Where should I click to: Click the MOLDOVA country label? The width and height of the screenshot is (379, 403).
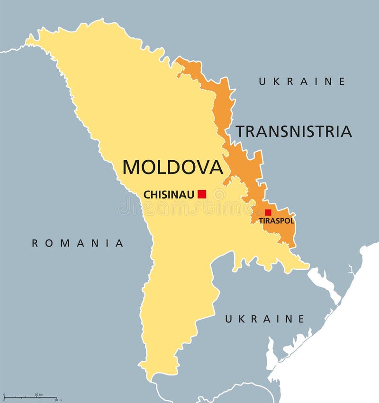(172, 167)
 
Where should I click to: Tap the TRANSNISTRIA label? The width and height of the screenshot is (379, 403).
(294, 131)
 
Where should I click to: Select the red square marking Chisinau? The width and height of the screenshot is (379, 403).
(202, 193)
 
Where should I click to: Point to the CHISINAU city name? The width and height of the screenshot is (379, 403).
(168, 194)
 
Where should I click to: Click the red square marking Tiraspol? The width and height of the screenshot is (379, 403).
(268, 212)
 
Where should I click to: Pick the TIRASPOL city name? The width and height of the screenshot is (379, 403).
(276, 221)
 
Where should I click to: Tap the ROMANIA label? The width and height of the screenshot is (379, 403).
(77, 243)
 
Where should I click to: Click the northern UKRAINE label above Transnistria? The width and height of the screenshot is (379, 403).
(302, 82)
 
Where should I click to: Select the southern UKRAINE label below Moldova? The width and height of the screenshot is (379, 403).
(264, 319)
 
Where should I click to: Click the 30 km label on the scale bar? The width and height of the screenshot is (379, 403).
(38, 395)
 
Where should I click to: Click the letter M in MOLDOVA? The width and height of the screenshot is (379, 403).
(132, 167)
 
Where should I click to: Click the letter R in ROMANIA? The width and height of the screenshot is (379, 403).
(35, 243)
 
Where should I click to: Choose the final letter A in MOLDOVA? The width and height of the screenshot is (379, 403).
(216, 167)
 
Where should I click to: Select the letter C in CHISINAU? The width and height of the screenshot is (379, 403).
(146, 194)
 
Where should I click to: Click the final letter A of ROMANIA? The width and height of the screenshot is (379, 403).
(120, 243)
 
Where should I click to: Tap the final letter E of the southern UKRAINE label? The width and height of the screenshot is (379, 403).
(301, 319)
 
